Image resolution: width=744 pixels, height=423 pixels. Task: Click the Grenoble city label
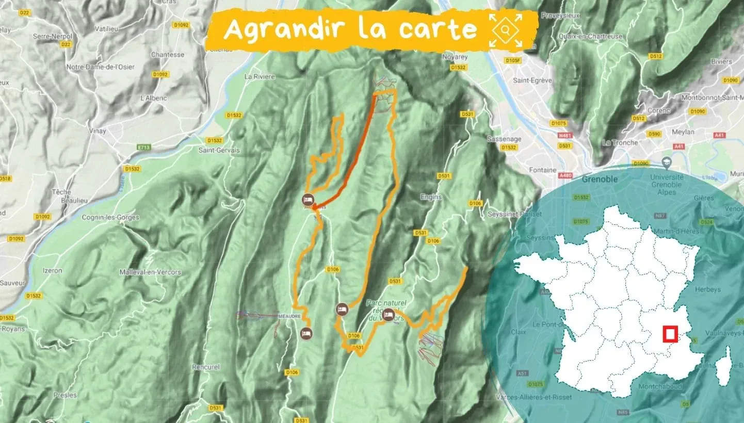600,180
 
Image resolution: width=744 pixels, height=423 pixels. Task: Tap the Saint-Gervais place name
219,150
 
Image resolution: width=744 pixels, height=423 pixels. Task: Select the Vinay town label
98,131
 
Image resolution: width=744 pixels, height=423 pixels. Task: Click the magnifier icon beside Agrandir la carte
506,30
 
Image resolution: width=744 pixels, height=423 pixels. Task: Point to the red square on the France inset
670,334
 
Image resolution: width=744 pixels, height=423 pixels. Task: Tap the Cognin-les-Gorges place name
110,217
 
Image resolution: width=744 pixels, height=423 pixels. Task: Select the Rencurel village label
205,367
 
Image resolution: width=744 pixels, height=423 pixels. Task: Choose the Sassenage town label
504,139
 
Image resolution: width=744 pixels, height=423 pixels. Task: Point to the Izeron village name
52,270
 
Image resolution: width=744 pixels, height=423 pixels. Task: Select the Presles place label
65,395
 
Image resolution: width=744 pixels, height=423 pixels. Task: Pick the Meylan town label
684,132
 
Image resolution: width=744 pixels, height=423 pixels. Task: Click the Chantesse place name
168,54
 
